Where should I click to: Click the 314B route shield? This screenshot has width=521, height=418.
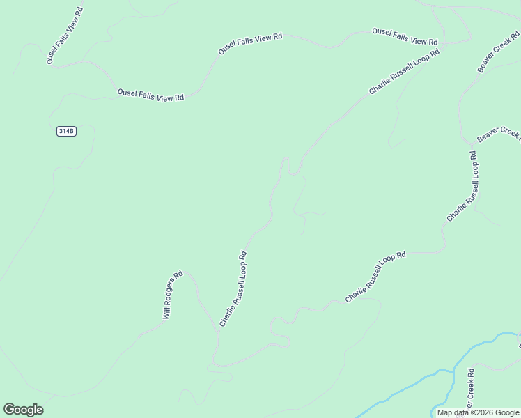[x=65, y=131]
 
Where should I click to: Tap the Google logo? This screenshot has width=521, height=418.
[x=23, y=410]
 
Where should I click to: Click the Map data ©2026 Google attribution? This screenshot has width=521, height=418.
[x=478, y=412]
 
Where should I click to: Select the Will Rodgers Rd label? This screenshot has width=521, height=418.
[x=172, y=295]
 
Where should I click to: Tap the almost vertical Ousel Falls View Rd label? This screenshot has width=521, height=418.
[x=65, y=36]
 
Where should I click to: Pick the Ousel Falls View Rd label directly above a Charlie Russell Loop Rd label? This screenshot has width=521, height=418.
[x=405, y=36]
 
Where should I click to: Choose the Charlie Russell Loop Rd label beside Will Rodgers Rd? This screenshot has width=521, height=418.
[x=233, y=288]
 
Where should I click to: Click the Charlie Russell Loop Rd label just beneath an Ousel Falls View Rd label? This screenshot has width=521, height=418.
[x=405, y=72]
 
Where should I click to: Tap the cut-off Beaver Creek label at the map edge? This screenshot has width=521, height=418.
[x=498, y=135]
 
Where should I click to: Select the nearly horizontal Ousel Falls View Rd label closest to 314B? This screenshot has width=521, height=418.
[x=150, y=95]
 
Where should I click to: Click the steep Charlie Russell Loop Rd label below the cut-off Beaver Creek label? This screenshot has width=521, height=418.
[x=462, y=187]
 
